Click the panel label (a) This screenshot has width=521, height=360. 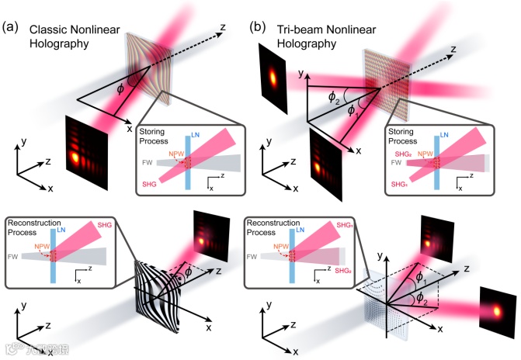coord(12,26)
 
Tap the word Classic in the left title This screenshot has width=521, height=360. coord(48,29)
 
